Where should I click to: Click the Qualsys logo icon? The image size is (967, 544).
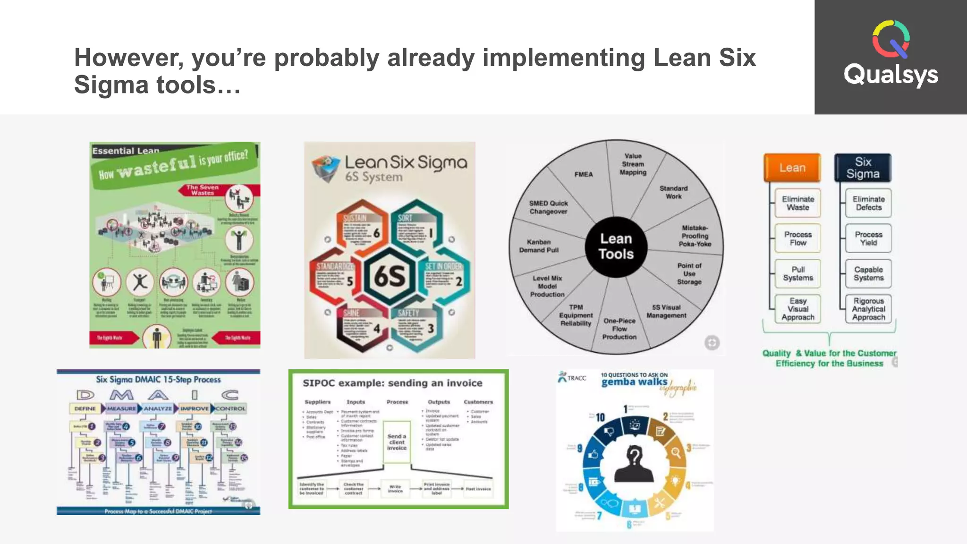pyautogui.click(x=891, y=39)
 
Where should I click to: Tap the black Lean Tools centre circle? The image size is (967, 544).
pyautogui.click(x=616, y=246)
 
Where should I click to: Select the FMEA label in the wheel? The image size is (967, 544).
pyautogui.click(x=583, y=174)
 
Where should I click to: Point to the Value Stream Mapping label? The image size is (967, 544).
pyautogui.click(x=633, y=164)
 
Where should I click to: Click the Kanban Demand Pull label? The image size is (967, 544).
pyautogui.click(x=539, y=246)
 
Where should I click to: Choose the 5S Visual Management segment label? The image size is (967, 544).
pyautogui.click(x=666, y=311)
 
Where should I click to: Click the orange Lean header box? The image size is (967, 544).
pyautogui.click(x=792, y=168)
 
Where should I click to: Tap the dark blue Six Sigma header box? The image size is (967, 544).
pyautogui.click(x=863, y=168)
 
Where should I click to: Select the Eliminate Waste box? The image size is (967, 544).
pyautogui.click(x=797, y=203)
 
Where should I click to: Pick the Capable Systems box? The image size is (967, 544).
pyautogui.click(x=868, y=273)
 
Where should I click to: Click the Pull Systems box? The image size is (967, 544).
pyautogui.click(x=797, y=273)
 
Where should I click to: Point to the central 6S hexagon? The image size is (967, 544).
pyautogui.click(x=390, y=276)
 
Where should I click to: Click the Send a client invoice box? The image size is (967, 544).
pyautogui.click(x=397, y=442)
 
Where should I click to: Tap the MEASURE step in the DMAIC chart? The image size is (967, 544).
pyautogui.click(x=121, y=408)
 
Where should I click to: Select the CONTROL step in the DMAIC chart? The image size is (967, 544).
pyautogui.click(x=230, y=408)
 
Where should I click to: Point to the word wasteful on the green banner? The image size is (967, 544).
pyautogui.click(x=156, y=166)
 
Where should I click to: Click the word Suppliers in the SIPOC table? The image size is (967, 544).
pyautogui.click(x=317, y=402)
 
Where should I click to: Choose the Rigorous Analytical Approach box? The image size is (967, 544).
pyautogui.click(x=868, y=309)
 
